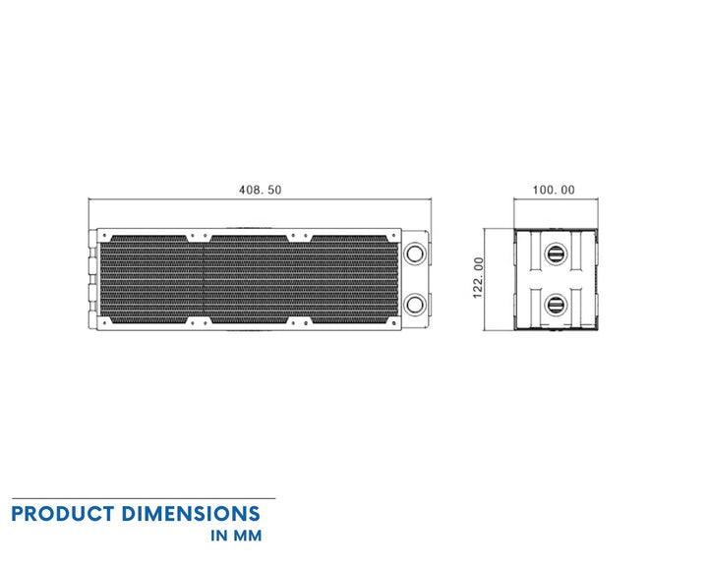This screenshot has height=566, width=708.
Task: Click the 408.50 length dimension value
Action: pos(261,190)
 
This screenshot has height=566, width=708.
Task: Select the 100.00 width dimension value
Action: pos(555,190)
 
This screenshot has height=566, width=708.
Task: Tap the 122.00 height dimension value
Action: pos(479,279)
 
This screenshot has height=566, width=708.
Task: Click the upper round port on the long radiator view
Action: pos(415,253)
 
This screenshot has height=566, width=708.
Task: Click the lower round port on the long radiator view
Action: pos(415,304)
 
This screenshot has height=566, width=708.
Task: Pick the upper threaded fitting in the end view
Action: pos(555,254)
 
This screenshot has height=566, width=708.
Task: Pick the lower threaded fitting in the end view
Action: pos(555,304)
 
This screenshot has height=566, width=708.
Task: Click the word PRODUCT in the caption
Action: pos(64,514)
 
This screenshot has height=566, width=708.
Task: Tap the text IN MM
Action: pos(235,538)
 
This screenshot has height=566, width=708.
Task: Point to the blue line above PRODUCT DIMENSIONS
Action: pos(143,498)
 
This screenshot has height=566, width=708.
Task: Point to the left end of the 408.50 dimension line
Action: pos(89,200)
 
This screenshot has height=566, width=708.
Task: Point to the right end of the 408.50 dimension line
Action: pos(432,200)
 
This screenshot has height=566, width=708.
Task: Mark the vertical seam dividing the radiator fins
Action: pos(203,279)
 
